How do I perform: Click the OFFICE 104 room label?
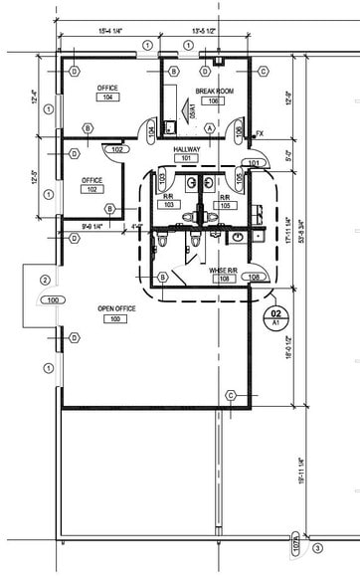(107, 94)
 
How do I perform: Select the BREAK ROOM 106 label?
(212, 95)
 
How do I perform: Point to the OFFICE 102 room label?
(91, 185)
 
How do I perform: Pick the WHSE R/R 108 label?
(222, 275)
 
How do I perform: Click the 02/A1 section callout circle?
(277, 317)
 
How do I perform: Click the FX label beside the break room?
(260, 132)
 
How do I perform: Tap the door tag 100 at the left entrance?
(51, 299)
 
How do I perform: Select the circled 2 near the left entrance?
(45, 280)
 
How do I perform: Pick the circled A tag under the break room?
(210, 127)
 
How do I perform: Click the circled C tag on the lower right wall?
(230, 395)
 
